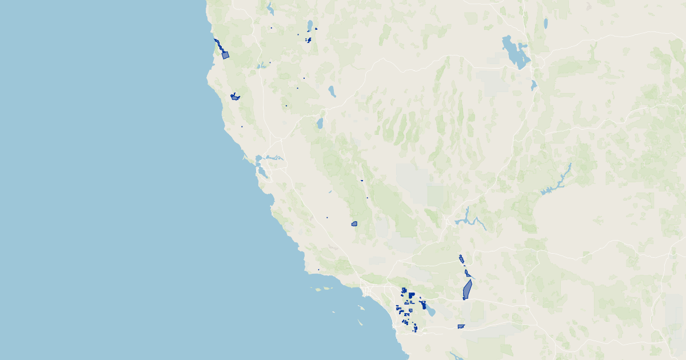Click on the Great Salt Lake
point(514,51)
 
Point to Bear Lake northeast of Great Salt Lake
point(545,23)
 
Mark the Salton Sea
point(428,311)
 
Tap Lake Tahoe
point(320,123)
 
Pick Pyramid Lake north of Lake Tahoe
point(332,91)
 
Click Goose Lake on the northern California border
point(310,25)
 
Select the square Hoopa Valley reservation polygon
point(225,55)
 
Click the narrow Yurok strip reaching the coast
point(217,43)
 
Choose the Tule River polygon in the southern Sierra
point(354,224)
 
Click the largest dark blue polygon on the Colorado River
point(467,290)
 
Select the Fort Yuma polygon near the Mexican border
point(461,327)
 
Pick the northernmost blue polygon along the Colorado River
point(461,259)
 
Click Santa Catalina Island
point(361,308)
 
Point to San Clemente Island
point(361,323)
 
